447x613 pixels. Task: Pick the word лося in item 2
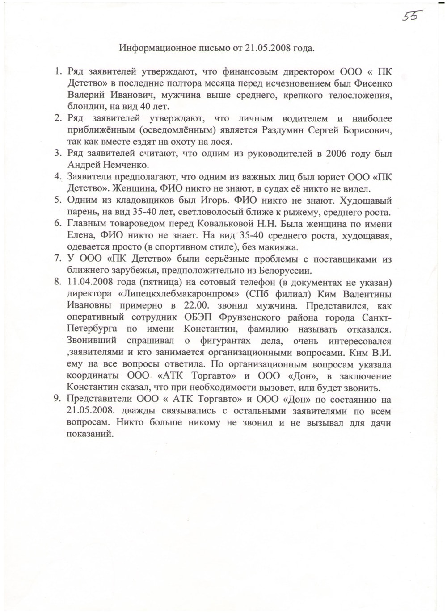(x=219, y=142)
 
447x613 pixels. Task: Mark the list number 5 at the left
(x=58, y=200)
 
